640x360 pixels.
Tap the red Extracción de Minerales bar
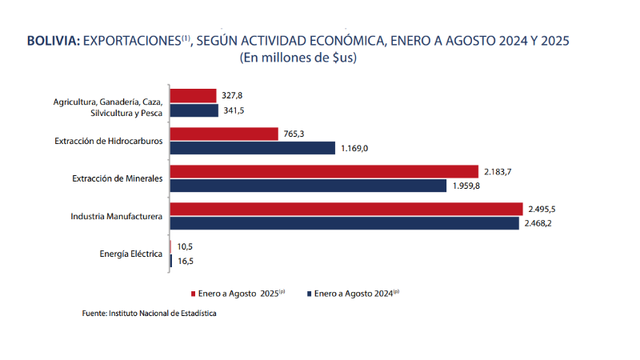click(x=324, y=171)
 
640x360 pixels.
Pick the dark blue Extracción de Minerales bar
click(x=309, y=186)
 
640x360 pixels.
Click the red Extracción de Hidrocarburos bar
click(x=224, y=134)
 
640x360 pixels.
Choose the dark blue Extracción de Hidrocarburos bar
click(x=253, y=148)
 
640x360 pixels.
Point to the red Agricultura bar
click(x=194, y=95)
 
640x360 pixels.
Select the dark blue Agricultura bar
click(x=194, y=110)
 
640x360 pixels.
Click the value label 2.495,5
click(x=542, y=209)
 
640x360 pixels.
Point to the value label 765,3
click(x=294, y=134)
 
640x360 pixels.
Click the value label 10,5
click(x=186, y=246)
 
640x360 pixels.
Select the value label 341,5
click(x=234, y=110)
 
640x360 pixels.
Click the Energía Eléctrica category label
click(x=131, y=254)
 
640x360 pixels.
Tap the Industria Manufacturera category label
click(x=117, y=216)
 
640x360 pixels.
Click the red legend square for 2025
click(x=192, y=294)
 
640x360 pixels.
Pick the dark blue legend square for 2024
click(x=309, y=294)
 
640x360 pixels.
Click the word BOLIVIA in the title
click(x=53, y=41)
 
